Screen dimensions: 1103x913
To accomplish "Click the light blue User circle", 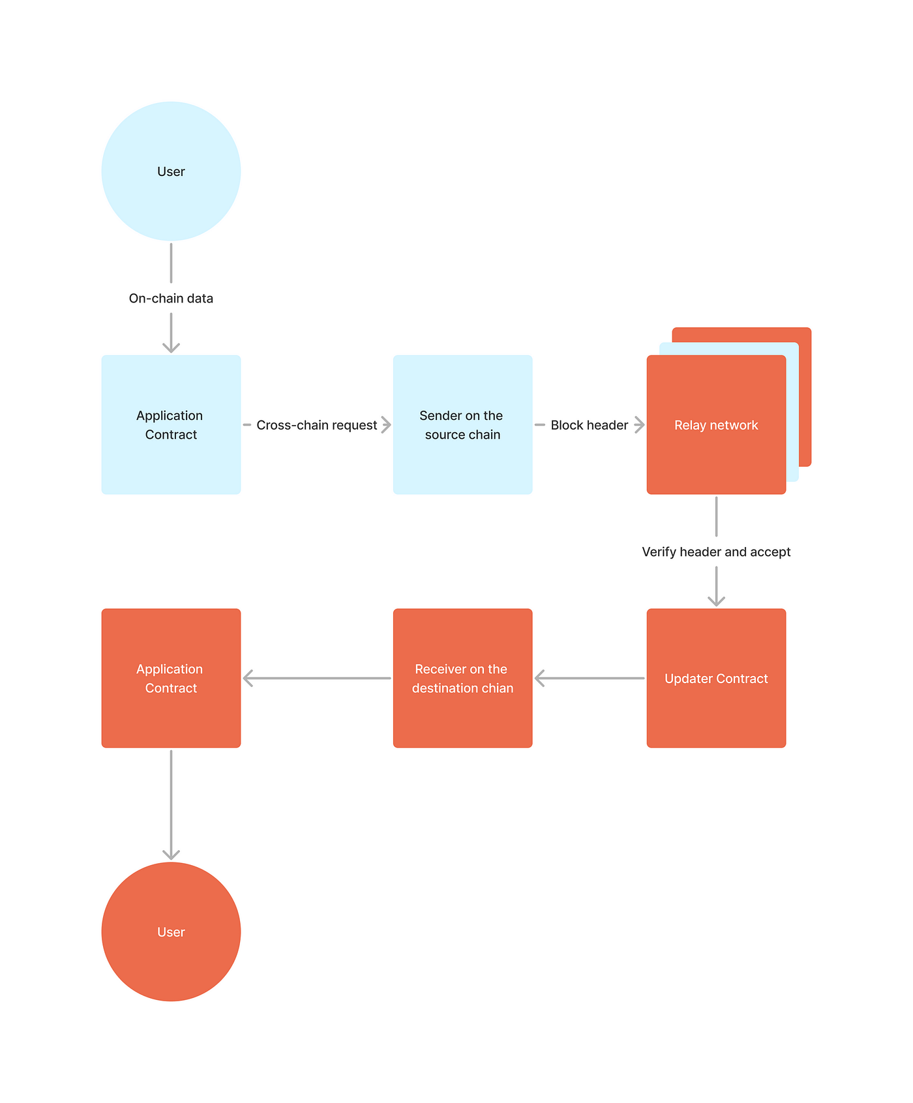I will pyautogui.click(x=171, y=171).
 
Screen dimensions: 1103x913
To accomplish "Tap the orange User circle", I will pyautogui.click(x=171, y=932).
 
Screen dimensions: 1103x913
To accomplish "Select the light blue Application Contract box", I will pyautogui.click(x=171, y=424).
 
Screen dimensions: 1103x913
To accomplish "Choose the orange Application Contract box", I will pyautogui.click(x=171, y=678).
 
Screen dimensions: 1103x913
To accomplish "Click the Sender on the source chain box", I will pyautogui.click(x=462, y=424).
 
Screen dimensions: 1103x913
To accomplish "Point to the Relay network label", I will pyautogui.click(x=716, y=425).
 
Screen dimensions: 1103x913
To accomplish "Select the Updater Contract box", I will pyautogui.click(x=716, y=678).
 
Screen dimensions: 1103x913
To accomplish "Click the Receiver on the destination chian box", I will pyautogui.click(x=462, y=678).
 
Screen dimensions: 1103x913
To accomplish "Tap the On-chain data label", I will pyautogui.click(x=171, y=299).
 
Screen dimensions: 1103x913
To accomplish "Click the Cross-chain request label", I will pyautogui.click(x=316, y=425).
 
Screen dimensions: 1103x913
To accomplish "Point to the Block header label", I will pyautogui.click(x=589, y=425).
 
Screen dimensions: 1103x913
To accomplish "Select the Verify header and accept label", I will pyautogui.click(x=716, y=551).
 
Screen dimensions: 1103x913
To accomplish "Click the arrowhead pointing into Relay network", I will pyautogui.click(x=640, y=425).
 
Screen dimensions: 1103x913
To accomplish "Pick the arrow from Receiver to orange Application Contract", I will pyautogui.click(x=316, y=678).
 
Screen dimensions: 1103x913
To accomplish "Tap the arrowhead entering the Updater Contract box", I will pyautogui.click(x=716, y=600).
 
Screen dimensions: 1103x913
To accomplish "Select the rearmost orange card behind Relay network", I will pyautogui.click(x=805, y=391).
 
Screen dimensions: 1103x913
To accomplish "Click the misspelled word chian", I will pyautogui.click(x=497, y=688).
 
